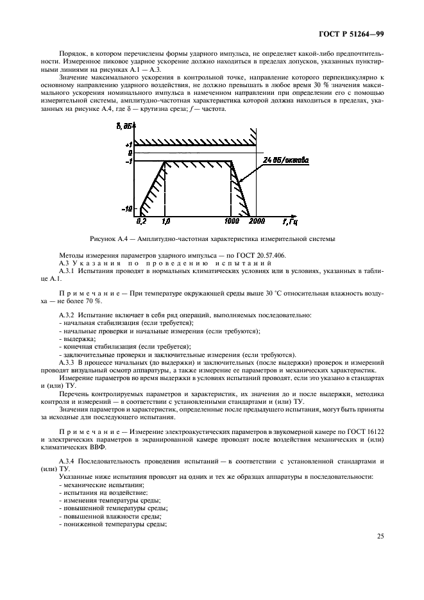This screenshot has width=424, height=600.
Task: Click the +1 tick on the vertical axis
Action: point(129,144)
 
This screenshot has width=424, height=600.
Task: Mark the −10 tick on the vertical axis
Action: point(128,208)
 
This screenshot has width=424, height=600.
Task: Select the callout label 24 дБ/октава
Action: point(285,160)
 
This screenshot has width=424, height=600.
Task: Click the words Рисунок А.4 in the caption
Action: point(117,239)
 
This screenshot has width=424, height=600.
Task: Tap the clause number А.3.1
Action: point(68,271)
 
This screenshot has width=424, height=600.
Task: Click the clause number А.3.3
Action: point(68,362)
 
